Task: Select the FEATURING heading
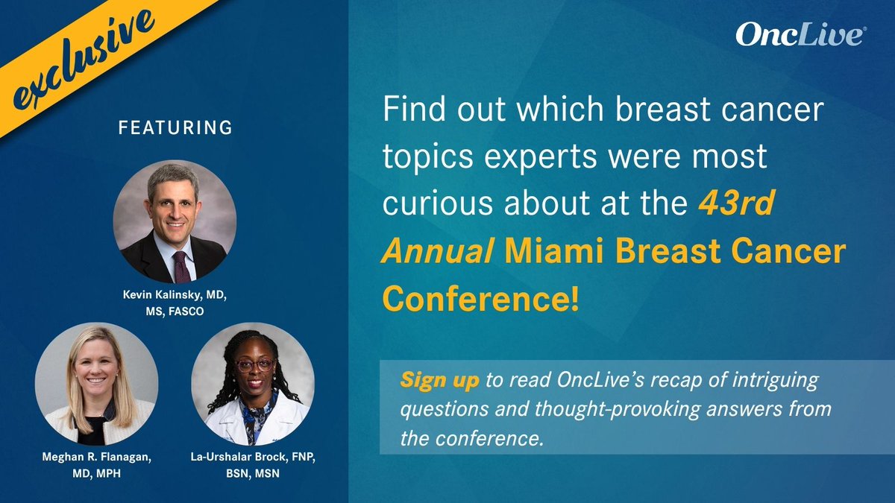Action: pyautogui.click(x=175, y=128)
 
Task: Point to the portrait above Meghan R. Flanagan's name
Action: pyautogui.click(x=96, y=385)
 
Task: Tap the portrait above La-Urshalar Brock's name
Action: pyautogui.click(x=253, y=385)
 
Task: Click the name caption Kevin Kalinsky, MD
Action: pyautogui.click(x=175, y=297)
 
